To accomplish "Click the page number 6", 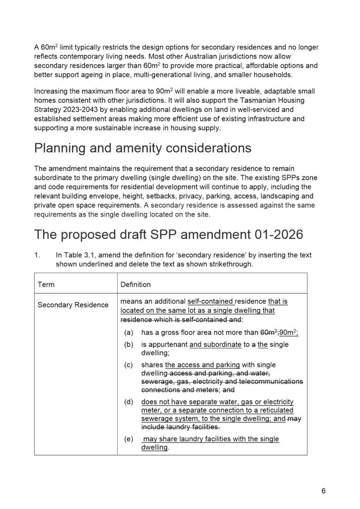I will (323, 491).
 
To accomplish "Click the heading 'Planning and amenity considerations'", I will (143, 148).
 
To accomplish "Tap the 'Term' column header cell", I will (46, 284).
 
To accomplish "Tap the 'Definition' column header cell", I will (135, 284).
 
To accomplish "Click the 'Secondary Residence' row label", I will (73, 305).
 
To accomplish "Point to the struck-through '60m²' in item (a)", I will (269, 332).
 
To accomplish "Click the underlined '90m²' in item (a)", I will (288, 332).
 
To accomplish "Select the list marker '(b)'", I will (129, 344).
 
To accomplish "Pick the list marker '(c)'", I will (129, 364).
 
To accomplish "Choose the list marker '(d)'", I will (129, 402).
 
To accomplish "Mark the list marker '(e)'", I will (129, 439).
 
